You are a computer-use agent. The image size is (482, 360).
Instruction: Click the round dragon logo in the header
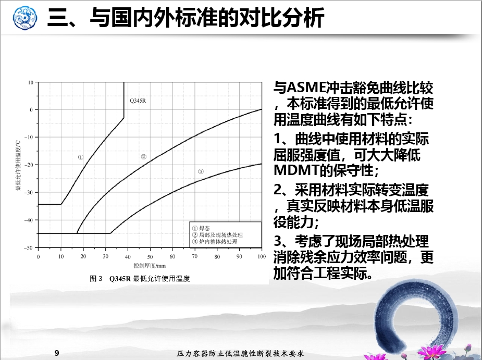(25, 18)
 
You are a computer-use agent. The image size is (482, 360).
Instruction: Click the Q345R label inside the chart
(138, 101)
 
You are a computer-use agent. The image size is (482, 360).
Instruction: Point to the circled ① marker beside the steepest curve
(81, 157)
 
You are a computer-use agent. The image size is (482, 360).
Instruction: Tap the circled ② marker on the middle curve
(143, 157)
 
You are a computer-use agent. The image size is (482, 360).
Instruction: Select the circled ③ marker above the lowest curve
(201, 171)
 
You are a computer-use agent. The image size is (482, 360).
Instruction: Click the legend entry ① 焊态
(201, 228)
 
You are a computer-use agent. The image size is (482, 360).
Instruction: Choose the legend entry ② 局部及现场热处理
(217, 235)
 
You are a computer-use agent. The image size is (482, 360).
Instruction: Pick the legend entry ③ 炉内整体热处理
(215, 242)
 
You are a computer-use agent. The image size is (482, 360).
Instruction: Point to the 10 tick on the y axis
(31, 82)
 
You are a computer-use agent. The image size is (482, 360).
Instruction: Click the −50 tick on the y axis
(29, 248)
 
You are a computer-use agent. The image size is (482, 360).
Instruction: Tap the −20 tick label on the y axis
(29, 165)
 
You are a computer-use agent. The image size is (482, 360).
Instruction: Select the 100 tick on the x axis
(262, 256)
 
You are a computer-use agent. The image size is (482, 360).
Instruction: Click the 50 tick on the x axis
(150, 257)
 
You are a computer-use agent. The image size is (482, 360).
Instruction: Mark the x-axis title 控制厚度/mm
(150, 266)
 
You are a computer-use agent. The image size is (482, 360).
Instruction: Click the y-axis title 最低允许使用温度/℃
(18, 165)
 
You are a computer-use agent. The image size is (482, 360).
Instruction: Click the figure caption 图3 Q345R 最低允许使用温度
(140, 279)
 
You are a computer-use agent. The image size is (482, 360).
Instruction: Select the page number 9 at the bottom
(57, 353)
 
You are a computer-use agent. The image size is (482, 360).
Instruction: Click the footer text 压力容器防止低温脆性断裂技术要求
(240, 354)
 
